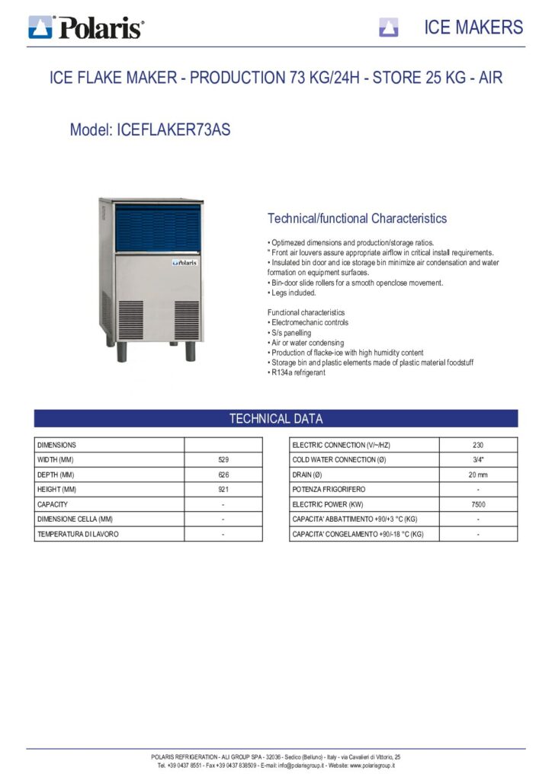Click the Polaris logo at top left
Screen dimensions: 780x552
85,28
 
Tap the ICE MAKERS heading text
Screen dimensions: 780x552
473,28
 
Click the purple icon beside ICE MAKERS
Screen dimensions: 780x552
389,28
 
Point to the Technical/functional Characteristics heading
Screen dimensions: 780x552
357,219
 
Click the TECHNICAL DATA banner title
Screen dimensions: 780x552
276,419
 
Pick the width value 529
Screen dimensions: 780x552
223,460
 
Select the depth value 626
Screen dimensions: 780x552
223,475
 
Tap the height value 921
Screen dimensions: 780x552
223,489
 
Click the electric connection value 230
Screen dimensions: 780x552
478,445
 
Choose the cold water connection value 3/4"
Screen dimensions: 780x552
478,460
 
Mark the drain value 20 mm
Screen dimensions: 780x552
478,475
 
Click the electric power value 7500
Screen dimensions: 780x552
478,504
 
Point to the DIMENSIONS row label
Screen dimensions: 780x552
56,445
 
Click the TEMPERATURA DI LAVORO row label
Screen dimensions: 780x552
78,534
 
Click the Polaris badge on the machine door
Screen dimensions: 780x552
185,262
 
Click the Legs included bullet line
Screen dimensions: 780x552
294,292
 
